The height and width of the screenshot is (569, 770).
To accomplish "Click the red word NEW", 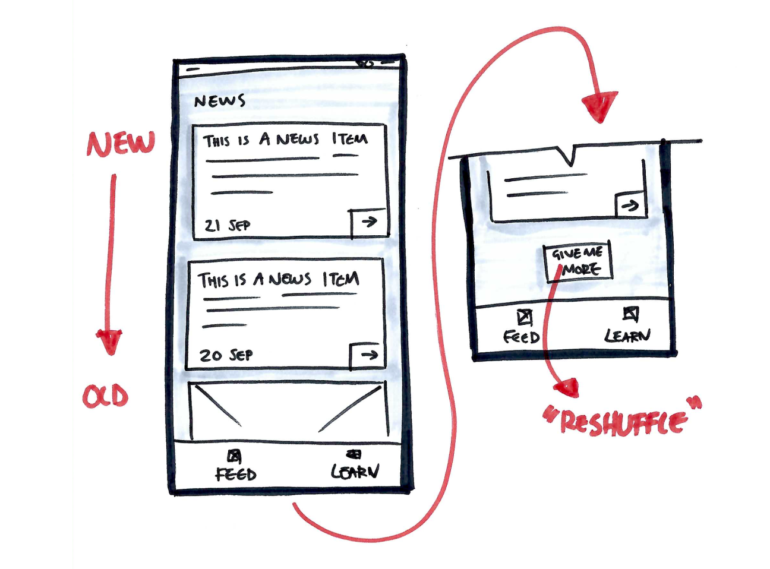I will (121, 144).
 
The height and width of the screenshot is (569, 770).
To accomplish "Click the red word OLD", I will (105, 396).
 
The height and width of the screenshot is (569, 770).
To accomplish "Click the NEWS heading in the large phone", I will (219, 101).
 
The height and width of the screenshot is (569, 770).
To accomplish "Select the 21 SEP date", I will (227, 226).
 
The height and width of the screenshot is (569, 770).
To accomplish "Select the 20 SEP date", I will (226, 355).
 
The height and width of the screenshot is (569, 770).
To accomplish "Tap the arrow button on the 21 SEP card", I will (368, 222).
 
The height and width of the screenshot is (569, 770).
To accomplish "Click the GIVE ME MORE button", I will (577, 261).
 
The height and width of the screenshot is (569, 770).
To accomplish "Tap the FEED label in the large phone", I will (236, 474).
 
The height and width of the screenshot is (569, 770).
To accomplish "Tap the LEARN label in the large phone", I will (355, 472).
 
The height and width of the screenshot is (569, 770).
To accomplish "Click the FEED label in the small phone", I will (521, 337).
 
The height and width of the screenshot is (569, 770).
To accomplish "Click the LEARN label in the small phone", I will (627, 336).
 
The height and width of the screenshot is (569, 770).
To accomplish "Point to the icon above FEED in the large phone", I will (235, 456).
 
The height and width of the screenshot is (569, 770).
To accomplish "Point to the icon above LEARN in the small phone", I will (630, 313).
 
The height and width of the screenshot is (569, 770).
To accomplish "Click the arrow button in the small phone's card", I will (630, 206).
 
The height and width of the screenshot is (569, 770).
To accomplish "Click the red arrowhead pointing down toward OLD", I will (110, 342).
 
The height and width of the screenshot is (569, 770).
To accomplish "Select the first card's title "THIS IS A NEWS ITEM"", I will (285, 140).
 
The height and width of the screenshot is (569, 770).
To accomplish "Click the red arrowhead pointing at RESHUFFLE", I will (567, 388).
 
